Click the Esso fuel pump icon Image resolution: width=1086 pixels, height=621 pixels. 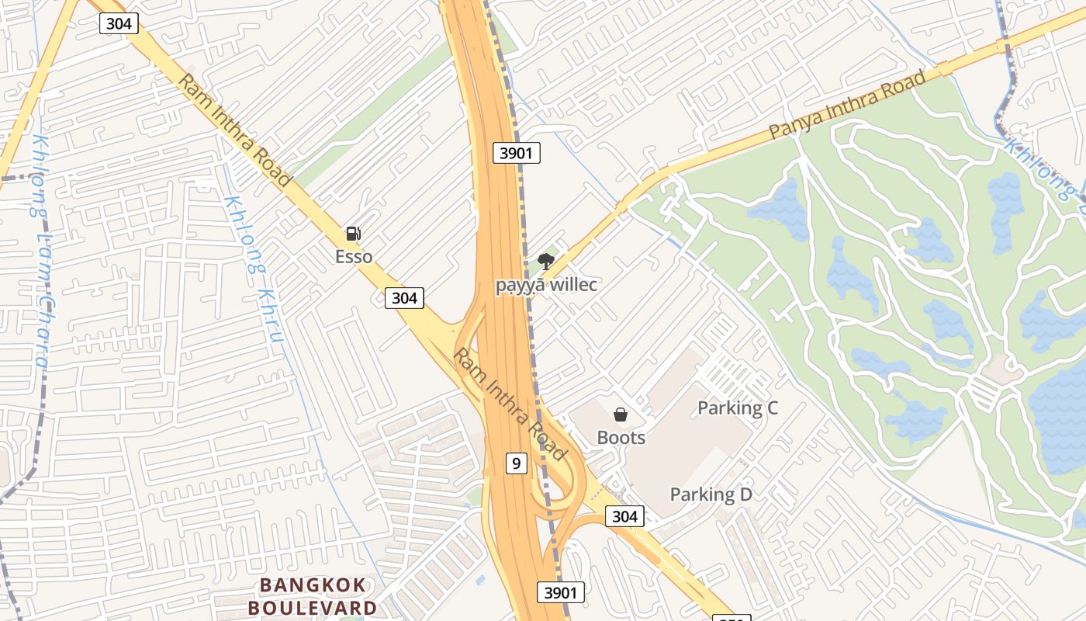click(353, 233)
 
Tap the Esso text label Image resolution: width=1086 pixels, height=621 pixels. click(354, 256)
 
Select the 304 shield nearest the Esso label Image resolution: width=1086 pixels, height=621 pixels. click(404, 297)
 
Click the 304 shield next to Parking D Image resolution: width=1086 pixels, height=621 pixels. click(624, 516)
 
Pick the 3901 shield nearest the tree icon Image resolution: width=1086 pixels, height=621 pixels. click(517, 153)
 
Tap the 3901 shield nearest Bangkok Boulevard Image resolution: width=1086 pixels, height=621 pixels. click(561, 592)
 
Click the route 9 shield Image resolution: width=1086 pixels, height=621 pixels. click(517, 463)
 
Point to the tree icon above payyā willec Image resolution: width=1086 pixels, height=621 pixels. click(546, 262)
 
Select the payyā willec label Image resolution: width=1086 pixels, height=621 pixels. click(547, 285)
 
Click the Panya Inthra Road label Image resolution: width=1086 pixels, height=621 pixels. click(847, 105)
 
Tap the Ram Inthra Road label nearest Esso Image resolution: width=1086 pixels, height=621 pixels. click(235, 130)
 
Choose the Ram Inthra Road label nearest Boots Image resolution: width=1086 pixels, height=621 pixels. click(509, 404)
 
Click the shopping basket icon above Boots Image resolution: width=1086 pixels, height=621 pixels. click(621, 415)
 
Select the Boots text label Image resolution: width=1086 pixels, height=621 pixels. click(621, 438)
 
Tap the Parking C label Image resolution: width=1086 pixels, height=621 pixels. click(738, 408)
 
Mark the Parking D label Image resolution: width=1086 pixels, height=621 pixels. click(711, 494)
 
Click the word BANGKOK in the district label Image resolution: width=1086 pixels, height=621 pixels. click(312, 585)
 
